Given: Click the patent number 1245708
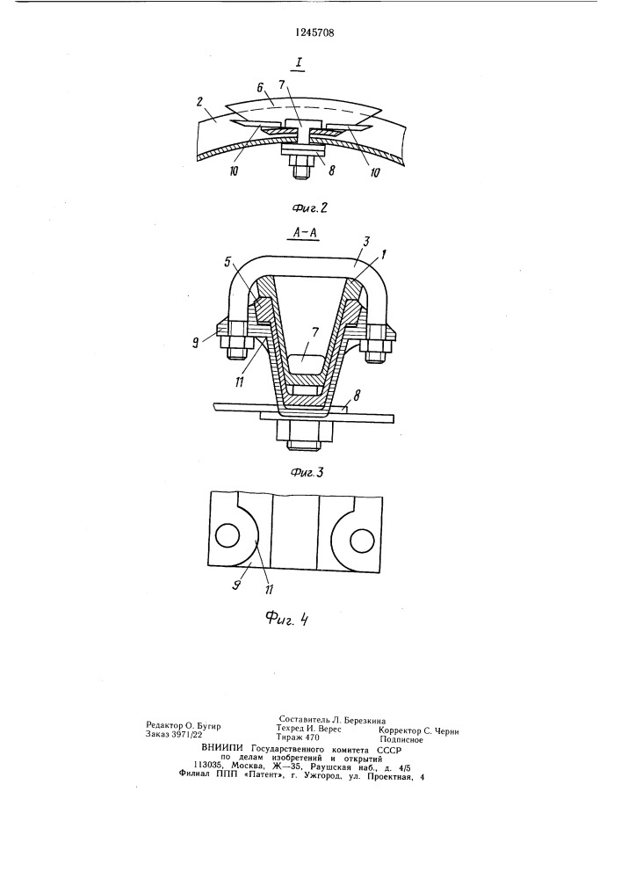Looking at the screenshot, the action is [314, 33].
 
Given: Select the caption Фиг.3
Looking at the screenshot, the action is [307, 473].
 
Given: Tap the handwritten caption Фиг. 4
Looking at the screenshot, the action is [287, 619].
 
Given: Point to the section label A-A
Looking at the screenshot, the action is [306, 231].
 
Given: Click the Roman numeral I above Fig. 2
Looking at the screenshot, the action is [300, 64].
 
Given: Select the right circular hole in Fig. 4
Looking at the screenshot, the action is [362, 540].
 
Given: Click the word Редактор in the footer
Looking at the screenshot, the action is [163, 725].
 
